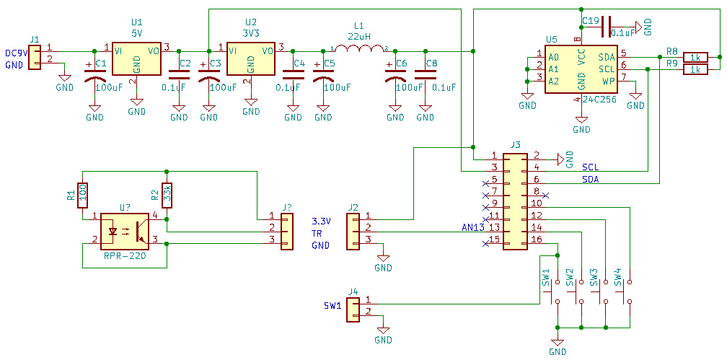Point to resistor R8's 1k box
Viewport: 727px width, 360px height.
696,56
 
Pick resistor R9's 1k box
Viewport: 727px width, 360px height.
696,69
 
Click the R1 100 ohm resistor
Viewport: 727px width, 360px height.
83,195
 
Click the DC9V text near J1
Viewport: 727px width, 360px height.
16,53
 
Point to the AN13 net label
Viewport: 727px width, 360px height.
473,228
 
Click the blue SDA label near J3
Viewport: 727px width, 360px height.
591,179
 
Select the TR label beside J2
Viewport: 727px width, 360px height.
317,233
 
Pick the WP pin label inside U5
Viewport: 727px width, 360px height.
609,81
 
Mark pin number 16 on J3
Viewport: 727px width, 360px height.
537,240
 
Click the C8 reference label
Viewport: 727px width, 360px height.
431,64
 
